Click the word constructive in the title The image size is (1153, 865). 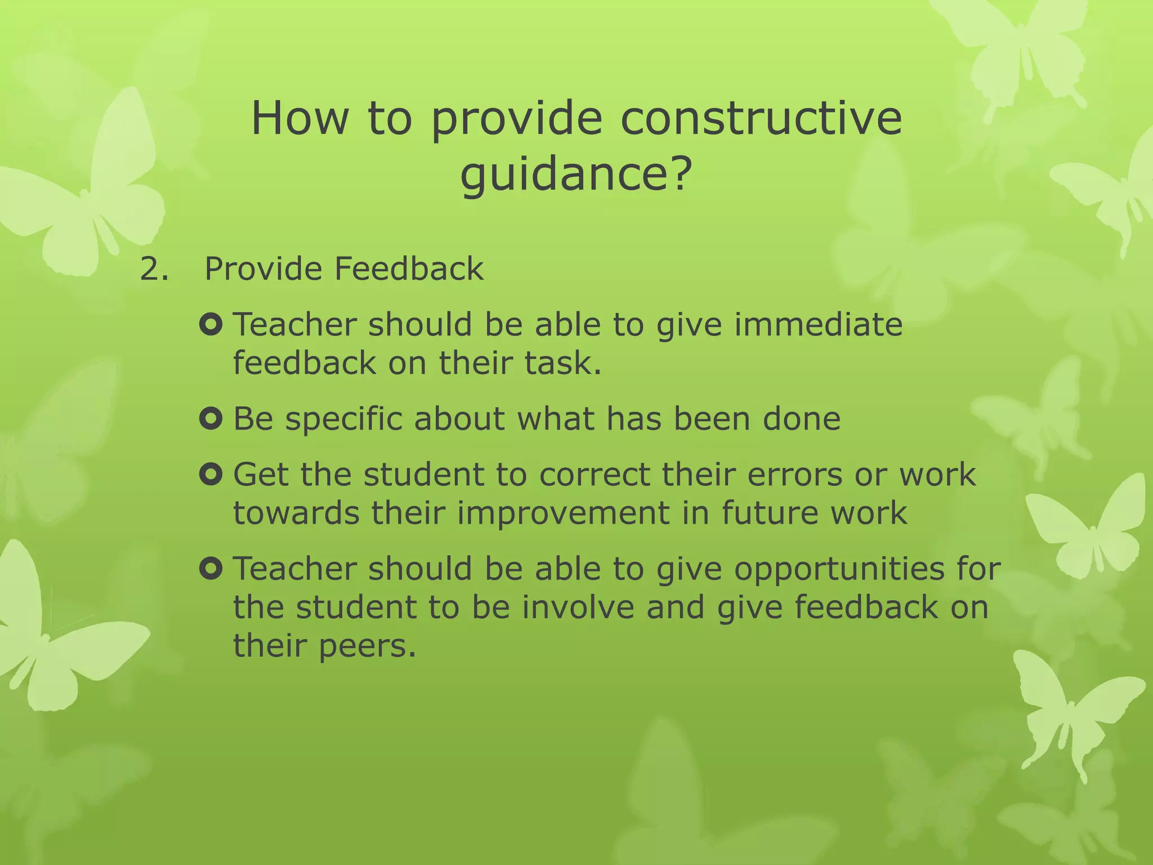[761, 119]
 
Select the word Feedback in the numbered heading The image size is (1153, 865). [409, 269]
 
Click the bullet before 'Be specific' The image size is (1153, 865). [211, 418]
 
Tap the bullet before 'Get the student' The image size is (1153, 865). [211, 474]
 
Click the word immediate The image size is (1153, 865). [818, 325]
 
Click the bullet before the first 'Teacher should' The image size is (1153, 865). [211, 324]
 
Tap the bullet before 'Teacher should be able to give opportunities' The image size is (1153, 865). [211, 569]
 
